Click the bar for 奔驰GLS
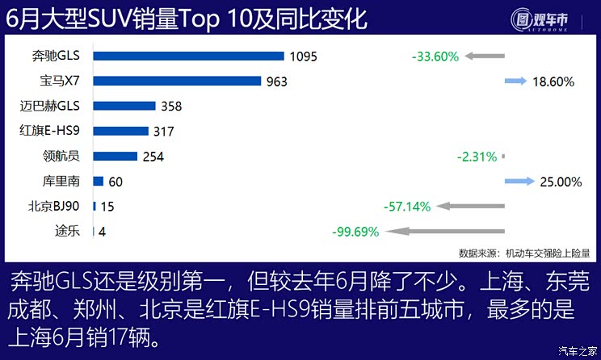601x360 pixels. click(188, 56)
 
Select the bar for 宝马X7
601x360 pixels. click(177, 81)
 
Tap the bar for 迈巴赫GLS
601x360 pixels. click(124, 106)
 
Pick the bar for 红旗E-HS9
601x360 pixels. click(121, 131)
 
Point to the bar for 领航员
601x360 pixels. click(115, 156)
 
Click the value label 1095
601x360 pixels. click(304, 57)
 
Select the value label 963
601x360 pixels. click(275, 82)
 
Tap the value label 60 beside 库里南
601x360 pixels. click(116, 182)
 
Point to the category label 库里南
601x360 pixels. click(61, 182)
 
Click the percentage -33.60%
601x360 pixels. click(435, 57)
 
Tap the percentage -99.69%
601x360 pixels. click(356, 232)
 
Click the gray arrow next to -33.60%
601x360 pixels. click(485, 57)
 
